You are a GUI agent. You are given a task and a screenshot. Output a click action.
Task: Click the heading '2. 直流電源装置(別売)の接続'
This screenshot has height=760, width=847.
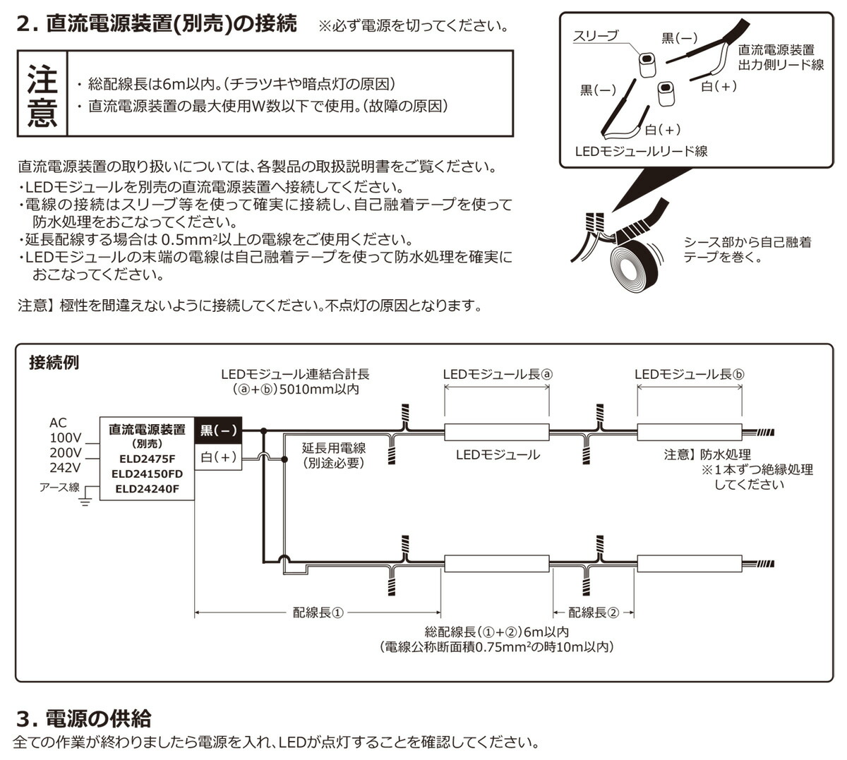[156, 25]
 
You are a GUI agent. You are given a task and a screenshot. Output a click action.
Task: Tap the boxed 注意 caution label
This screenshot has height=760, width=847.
[42, 94]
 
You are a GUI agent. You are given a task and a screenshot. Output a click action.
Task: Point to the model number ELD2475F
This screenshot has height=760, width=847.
[147, 459]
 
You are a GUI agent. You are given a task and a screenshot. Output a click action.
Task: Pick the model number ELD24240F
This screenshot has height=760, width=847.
[147, 488]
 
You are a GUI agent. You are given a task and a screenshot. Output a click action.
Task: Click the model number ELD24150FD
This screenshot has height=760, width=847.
[147, 474]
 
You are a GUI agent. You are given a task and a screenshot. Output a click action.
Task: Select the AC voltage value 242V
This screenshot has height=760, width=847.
[65, 467]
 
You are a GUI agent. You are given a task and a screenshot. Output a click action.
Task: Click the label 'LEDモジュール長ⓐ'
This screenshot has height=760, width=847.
[497, 375]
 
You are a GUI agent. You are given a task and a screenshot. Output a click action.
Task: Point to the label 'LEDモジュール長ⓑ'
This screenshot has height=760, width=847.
[689, 375]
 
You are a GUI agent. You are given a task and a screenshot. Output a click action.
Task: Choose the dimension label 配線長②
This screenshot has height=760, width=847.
[593, 613]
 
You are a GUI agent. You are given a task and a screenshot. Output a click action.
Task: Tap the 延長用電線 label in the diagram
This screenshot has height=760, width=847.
[333, 448]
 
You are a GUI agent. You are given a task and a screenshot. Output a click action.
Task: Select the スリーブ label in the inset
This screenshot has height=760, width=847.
[595, 36]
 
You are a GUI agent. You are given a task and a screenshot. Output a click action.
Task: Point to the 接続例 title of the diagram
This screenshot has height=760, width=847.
[54, 363]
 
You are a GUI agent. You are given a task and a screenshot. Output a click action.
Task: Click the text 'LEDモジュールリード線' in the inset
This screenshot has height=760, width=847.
[641, 151]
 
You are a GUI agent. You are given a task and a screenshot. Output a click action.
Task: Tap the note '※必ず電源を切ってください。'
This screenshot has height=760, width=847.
[412, 27]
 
